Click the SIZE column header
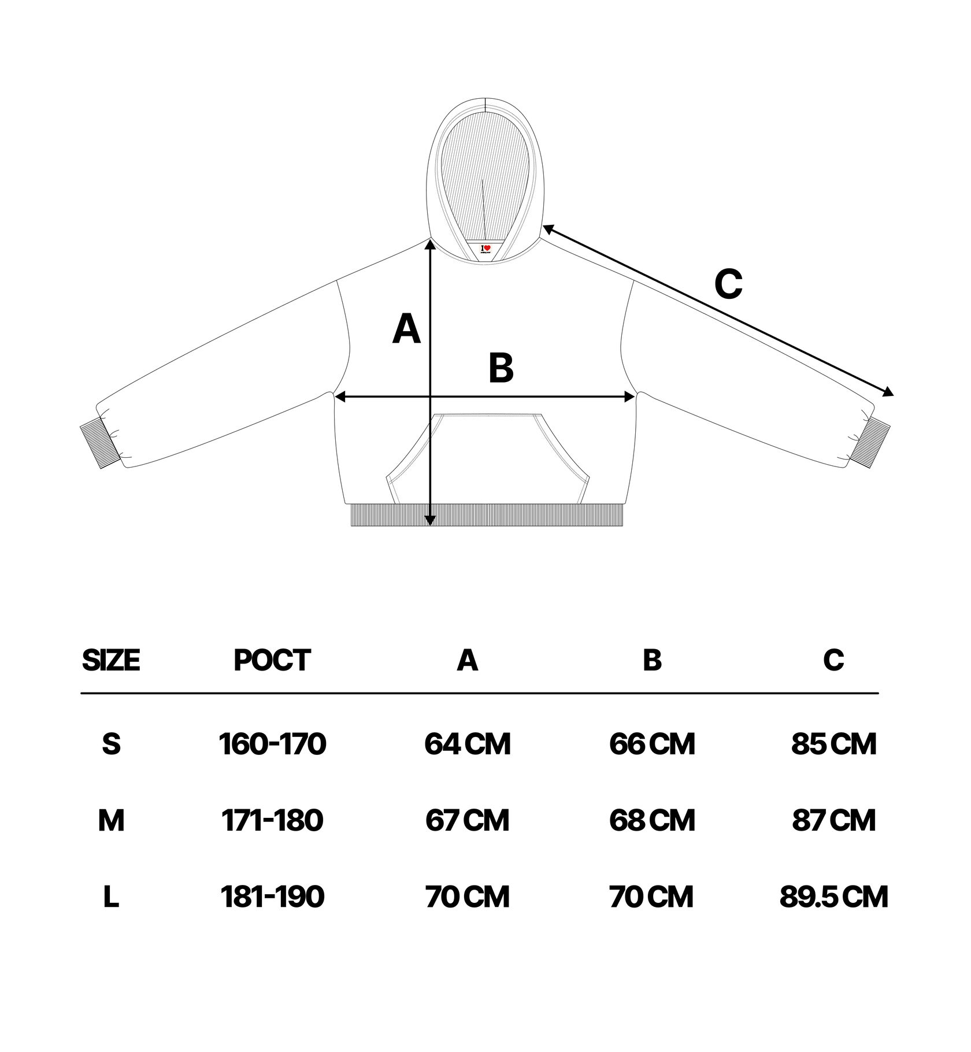click(x=111, y=660)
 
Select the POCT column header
click(x=272, y=660)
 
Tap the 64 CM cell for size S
click(x=468, y=744)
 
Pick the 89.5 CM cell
click(x=833, y=897)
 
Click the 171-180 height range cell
click(x=272, y=820)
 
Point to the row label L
click(x=111, y=897)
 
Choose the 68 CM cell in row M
click(x=652, y=820)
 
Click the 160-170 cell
click(x=272, y=744)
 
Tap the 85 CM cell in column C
click(x=833, y=744)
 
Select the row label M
click(x=111, y=820)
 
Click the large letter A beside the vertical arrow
click(x=406, y=329)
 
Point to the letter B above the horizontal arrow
click(x=501, y=368)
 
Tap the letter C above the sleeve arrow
click(x=728, y=284)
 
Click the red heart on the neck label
click(x=487, y=248)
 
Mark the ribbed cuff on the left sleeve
click(x=99, y=445)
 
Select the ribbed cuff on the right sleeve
click(x=872, y=443)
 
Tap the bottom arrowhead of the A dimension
click(x=429, y=520)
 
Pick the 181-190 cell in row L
click(x=272, y=897)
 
